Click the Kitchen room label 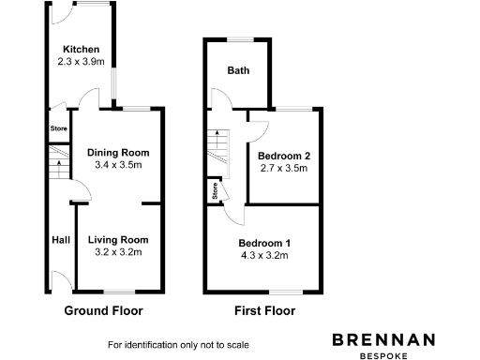coord(81,50)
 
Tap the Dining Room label coord(118,153)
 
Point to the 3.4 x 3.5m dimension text coord(118,165)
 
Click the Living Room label coord(118,240)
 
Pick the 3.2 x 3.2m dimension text coord(118,252)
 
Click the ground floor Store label coord(58,129)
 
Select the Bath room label coord(238,70)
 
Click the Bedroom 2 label coord(284,156)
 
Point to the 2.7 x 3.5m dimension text coord(284,169)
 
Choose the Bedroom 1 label coord(263,242)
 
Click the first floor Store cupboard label coord(216,192)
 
